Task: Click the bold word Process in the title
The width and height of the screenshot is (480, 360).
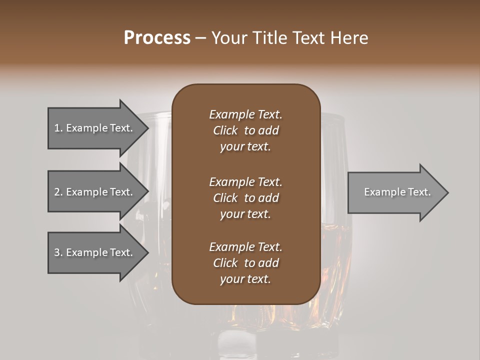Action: tap(157, 38)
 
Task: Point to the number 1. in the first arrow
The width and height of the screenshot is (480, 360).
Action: tap(58, 128)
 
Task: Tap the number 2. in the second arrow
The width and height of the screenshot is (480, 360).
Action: tap(58, 192)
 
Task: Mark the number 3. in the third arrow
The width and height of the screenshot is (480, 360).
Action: tap(58, 252)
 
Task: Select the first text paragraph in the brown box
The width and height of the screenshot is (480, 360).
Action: tap(245, 130)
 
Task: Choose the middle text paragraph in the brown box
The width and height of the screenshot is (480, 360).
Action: tap(245, 198)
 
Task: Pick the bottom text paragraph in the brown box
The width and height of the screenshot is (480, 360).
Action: tap(245, 263)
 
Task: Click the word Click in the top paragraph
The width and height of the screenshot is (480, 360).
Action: tap(225, 130)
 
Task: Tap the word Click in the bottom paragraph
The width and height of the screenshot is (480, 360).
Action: tap(225, 263)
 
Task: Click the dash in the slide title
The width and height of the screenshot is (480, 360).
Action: tap(200, 38)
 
